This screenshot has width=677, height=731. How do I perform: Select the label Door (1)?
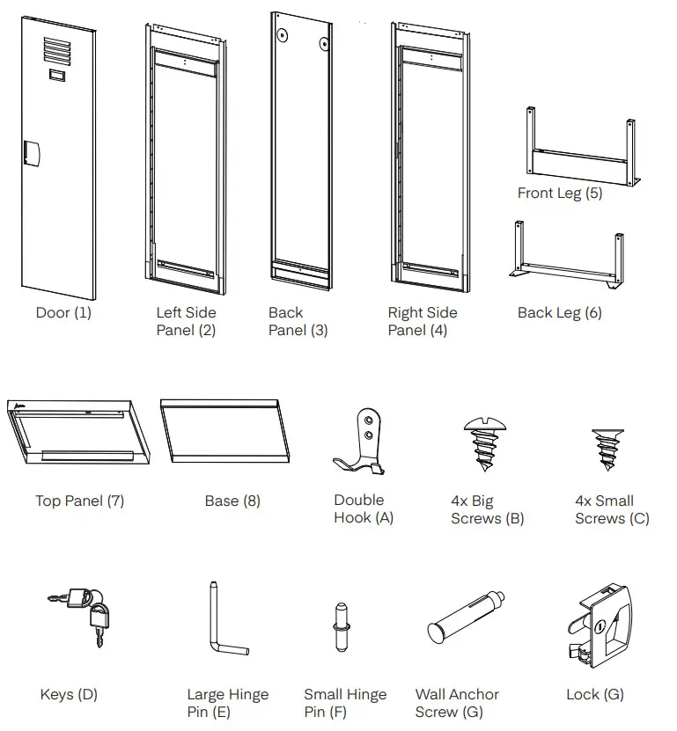pos(63,312)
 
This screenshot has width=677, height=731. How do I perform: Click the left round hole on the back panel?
pos(283,35)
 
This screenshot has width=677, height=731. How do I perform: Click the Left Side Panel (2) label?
pos(186,321)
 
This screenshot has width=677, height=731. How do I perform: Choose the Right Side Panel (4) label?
pos(422,321)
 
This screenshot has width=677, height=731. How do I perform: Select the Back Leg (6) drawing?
pos(567,256)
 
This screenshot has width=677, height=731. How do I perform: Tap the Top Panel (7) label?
pos(79,501)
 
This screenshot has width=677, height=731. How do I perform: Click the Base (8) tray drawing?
pos(225,430)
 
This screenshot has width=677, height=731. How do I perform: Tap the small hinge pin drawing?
pos(342,626)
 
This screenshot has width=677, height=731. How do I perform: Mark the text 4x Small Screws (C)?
pos(612,509)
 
